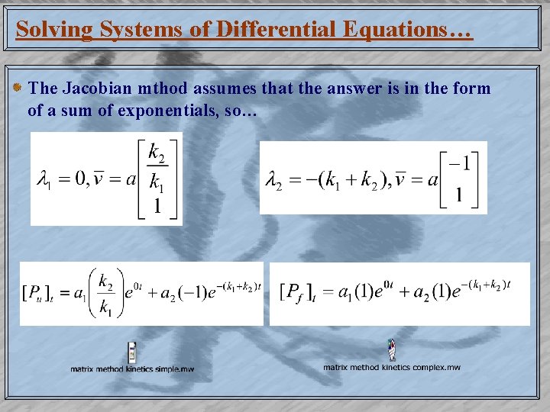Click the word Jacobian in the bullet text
(x=92, y=89)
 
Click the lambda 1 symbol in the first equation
(x=44, y=180)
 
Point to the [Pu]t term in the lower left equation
(x=37, y=293)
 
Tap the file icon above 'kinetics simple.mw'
(x=132, y=352)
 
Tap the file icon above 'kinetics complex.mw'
(x=391, y=349)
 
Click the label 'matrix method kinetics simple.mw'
(x=132, y=369)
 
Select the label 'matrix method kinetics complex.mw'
(x=391, y=368)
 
